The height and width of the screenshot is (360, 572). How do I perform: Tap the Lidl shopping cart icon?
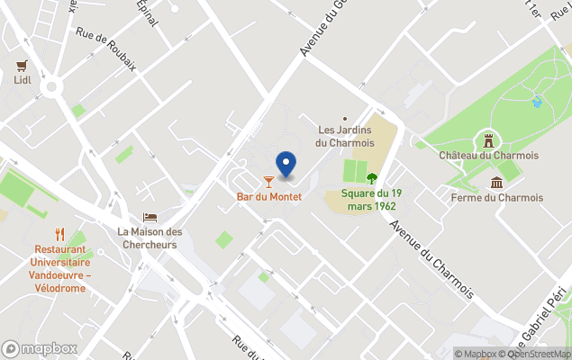tap(22, 66)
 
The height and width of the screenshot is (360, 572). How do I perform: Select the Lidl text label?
tap(22, 80)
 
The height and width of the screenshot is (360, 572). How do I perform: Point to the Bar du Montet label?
tap(268, 196)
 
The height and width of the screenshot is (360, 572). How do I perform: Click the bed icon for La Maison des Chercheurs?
tap(150, 218)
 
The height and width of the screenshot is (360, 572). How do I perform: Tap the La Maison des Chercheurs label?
tap(150, 238)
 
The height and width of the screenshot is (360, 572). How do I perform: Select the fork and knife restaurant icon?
tap(59, 235)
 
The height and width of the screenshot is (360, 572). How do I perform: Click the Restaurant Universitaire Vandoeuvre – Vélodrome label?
tap(60, 268)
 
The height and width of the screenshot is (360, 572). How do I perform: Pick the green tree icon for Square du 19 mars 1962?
tap(371, 177)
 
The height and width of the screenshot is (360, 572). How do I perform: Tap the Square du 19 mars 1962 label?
tap(371, 199)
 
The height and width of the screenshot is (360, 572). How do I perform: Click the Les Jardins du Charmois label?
tap(343, 136)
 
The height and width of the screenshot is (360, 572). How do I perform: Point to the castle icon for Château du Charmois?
tap(488, 141)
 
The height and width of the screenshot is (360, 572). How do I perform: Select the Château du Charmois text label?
tap(488, 156)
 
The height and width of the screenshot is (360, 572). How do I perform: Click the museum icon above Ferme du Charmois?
tap(496, 184)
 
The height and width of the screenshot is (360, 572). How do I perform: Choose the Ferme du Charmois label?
tap(496, 198)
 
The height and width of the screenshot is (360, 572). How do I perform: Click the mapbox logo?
tap(39, 348)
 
